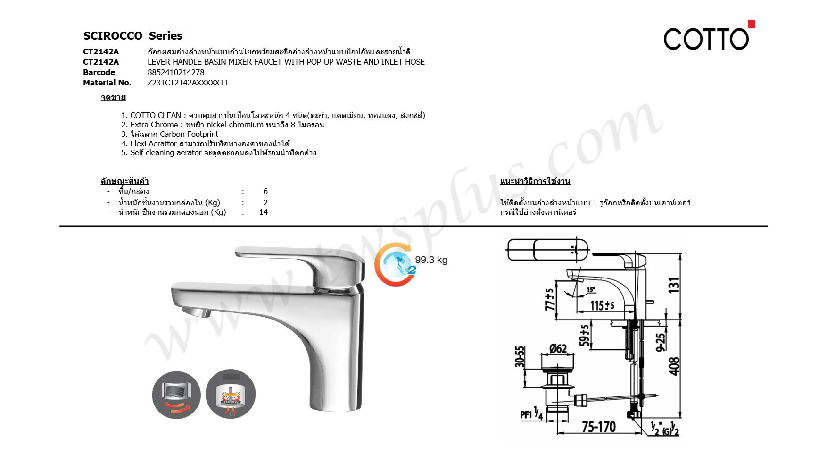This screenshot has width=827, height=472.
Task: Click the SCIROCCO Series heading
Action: [x=132, y=36]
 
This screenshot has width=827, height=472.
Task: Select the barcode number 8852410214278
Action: [x=176, y=72]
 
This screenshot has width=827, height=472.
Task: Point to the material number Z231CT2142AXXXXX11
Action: [x=188, y=83]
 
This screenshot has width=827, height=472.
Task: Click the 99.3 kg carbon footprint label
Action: [x=431, y=260]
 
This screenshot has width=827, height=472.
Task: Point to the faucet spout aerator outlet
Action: [x=196, y=312]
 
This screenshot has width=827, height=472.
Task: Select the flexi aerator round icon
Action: [x=176, y=395]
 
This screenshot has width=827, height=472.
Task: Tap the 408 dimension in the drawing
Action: [x=675, y=366]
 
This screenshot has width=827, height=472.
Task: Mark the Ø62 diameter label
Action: [x=558, y=349]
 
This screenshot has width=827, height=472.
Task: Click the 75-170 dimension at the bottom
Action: [x=598, y=427]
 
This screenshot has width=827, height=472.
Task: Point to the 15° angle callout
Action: [x=591, y=289]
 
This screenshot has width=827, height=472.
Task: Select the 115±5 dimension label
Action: [x=603, y=305]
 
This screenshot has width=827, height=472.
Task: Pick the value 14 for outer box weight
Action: [x=264, y=212]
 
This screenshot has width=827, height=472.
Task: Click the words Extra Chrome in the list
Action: [x=154, y=125]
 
